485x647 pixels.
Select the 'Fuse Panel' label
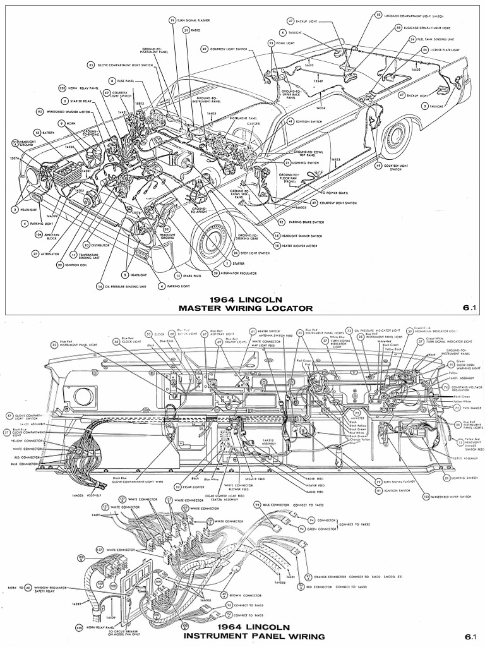(x=124, y=81)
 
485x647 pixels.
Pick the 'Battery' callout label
(x=49, y=133)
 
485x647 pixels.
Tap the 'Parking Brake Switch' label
(x=304, y=222)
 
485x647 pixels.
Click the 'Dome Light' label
(x=289, y=44)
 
